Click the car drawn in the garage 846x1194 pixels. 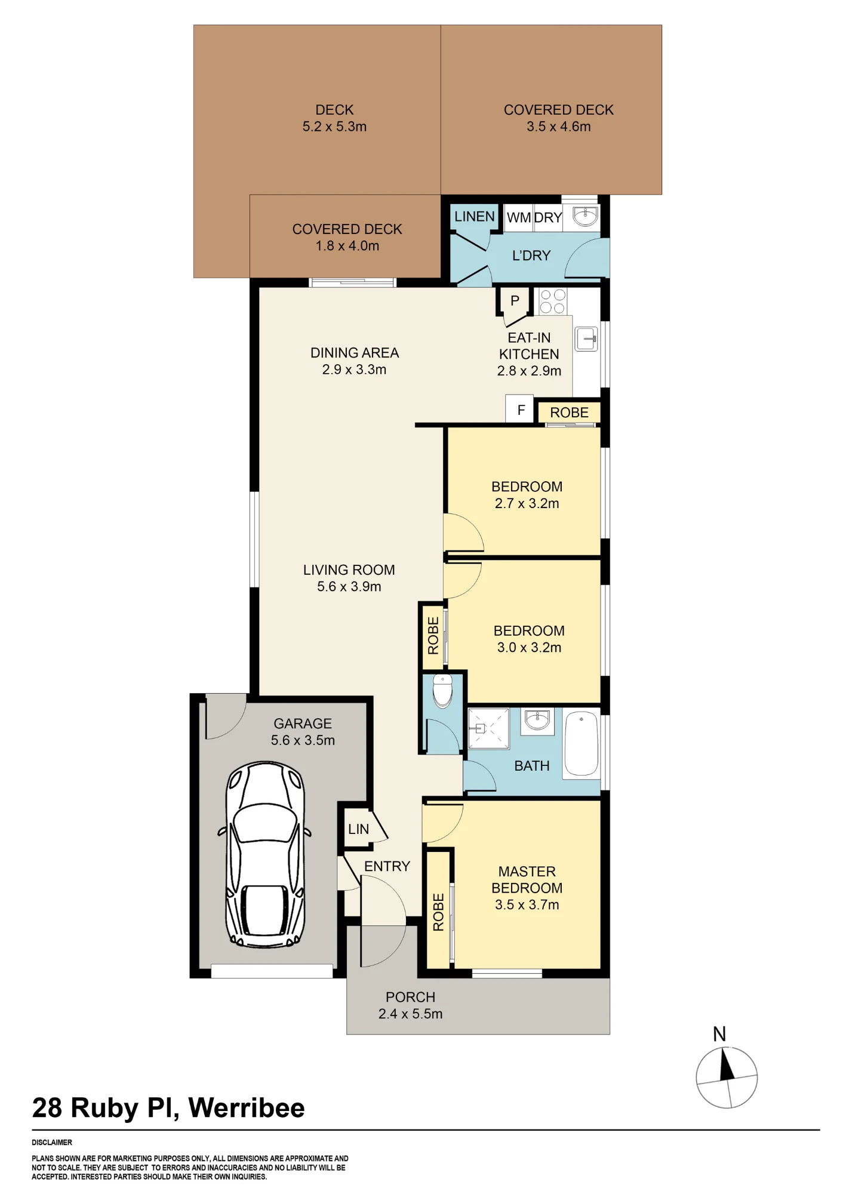(x=265, y=854)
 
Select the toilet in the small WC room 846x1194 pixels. (x=442, y=691)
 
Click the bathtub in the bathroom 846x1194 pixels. (x=581, y=744)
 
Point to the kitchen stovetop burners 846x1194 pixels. (x=552, y=301)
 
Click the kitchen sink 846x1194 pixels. (x=586, y=339)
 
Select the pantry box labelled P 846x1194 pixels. (x=514, y=301)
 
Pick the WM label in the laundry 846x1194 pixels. (x=518, y=218)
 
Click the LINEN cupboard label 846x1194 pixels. (x=475, y=217)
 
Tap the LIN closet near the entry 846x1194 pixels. (x=358, y=829)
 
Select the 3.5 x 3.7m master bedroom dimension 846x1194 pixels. (x=527, y=904)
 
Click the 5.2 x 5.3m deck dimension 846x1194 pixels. (x=334, y=127)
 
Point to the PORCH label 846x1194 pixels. (x=410, y=997)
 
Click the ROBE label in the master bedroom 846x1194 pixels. (x=439, y=912)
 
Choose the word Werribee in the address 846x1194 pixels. (x=247, y=1108)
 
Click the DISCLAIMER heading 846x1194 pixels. (x=52, y=1142)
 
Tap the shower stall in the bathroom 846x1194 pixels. (x=488, y=728)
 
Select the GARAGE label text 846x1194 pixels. (x=303, y=724)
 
